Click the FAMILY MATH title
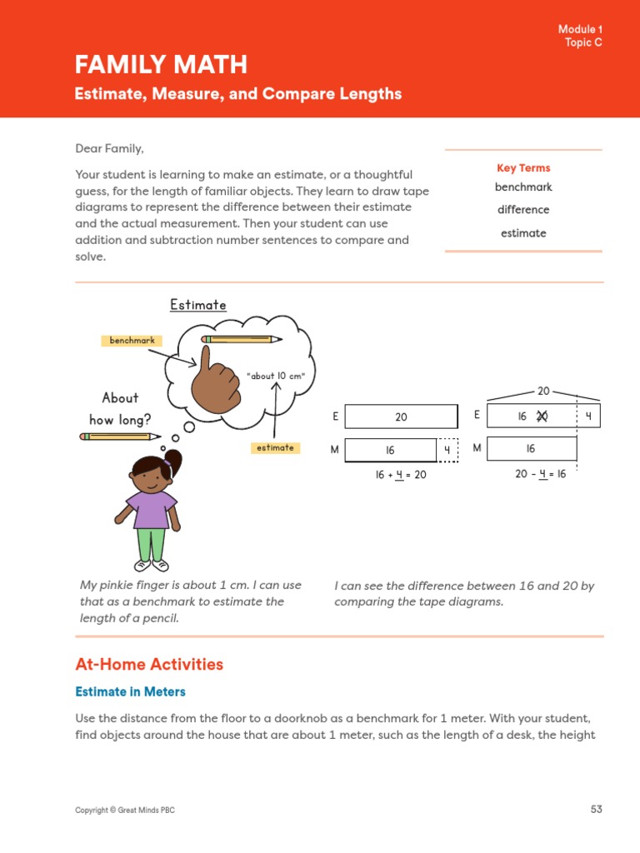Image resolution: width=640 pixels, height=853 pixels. click(x=161, y=64)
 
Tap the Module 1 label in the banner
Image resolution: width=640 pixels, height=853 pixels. click(x=580, y=30)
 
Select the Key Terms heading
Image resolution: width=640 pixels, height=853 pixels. click(x=523, y=168)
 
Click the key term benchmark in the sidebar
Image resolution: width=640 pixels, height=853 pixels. click(x=523, y=187)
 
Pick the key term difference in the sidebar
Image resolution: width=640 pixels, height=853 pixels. click(x=523, y=210)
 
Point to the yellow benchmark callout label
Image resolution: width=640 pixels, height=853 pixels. click(x=132, y=341)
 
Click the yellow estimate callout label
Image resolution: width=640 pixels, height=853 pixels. click(x=275, y=448)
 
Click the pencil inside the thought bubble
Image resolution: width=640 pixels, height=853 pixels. click(x=242, y=339)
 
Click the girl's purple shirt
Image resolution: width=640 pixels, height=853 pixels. click(x=152, y=508)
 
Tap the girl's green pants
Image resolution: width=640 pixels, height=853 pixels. click(x=151, y=543)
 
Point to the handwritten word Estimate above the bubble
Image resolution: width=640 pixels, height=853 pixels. click(x=198, y=306)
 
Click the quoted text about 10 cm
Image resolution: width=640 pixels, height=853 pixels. click(x=276, y=376)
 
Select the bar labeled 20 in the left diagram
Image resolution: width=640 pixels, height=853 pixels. click(x=401, y=417)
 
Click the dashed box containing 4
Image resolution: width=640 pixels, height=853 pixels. click(x=447, y=451)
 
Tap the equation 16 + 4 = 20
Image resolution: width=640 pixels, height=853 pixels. click(x=401, y=475)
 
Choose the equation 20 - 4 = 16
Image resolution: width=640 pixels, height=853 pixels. click(x=541, y=474)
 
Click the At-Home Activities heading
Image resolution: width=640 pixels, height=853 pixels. click(x=149, y=665)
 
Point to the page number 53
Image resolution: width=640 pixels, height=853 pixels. click(x=596, y=809)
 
